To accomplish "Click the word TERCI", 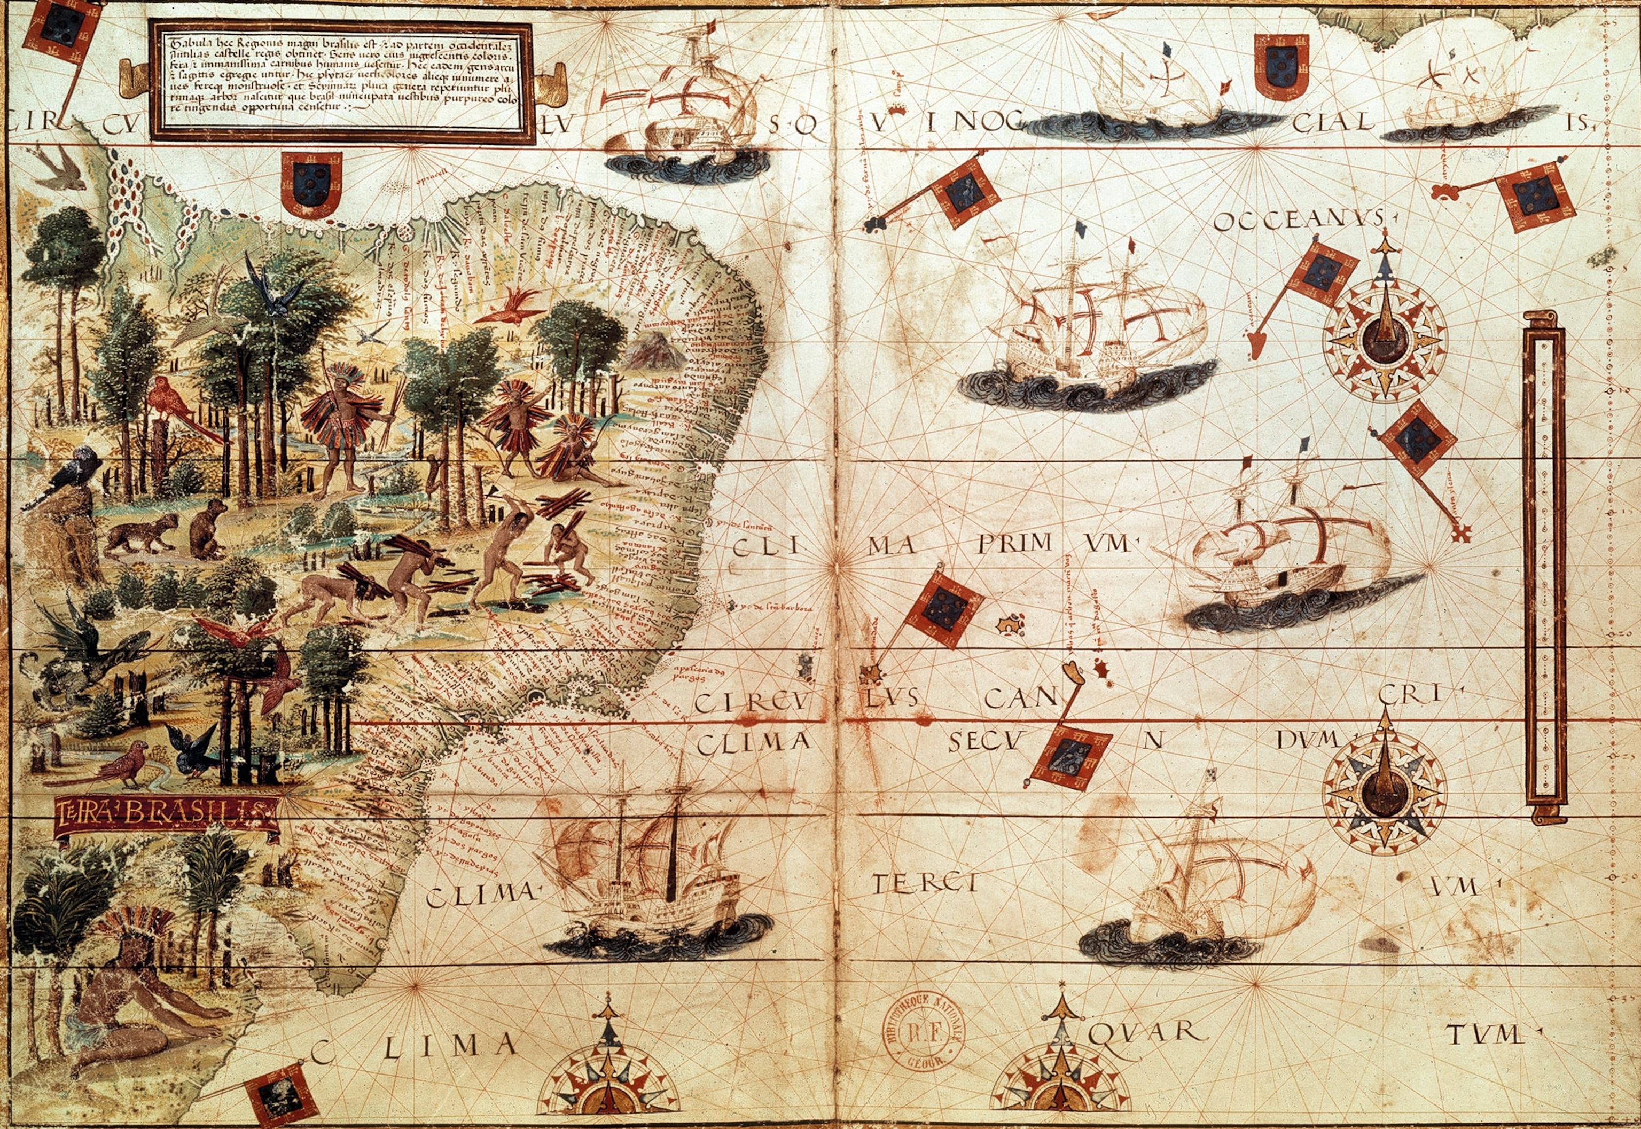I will [924, 883].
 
